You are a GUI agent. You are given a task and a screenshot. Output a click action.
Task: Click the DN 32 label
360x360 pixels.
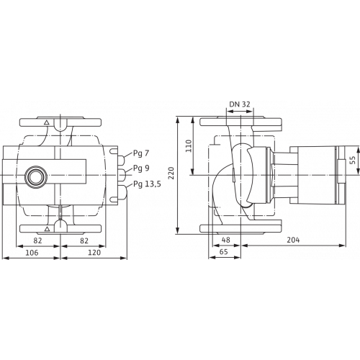click(240, 104)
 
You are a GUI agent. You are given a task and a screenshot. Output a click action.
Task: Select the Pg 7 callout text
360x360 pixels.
click(141, 153)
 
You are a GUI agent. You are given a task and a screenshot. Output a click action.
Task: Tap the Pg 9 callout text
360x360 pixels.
click(141, 168)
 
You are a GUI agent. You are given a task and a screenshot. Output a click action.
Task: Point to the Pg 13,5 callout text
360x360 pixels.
click(147, 184)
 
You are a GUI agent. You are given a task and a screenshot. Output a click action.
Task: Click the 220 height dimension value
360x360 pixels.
click(171, 173)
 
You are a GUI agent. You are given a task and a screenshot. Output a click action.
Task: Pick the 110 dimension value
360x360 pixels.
click(189, 145)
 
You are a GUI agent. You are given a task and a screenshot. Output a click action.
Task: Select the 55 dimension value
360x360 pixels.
click(352, 160)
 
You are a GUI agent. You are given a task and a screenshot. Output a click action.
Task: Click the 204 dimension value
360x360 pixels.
click(293, 240)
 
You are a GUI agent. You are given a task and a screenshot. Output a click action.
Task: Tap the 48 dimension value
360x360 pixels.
click(226, 240)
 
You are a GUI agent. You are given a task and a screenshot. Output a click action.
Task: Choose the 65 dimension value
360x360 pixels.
click(223, 252)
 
